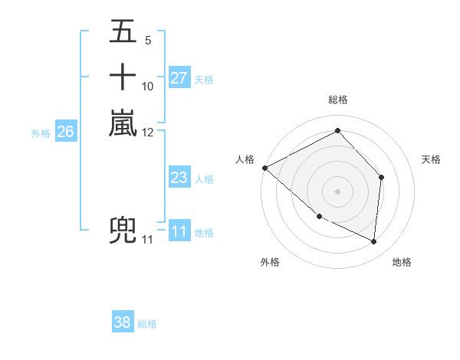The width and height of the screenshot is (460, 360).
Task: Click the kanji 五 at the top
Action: tap(123, 33)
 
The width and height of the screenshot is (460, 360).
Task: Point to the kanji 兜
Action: tap(123, 231)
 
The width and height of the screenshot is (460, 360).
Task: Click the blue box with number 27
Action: tap(179, 77)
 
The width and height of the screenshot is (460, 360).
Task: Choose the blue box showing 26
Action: tap(65, 132)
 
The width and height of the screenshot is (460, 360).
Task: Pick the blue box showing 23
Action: tap(179, 178)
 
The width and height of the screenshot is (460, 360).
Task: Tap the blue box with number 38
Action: tap(123, 322)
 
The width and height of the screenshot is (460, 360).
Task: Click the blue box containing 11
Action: tap(179, 231)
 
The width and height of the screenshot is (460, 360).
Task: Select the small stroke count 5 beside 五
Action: tap(147, 40)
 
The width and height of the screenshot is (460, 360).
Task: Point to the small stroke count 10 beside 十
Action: tap(148, 86)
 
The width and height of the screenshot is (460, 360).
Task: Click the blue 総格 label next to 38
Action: tap(147, 324)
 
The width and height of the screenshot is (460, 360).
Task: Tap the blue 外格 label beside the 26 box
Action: tap(41, 133)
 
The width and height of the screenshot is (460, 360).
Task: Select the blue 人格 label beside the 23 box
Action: tap(204, 179)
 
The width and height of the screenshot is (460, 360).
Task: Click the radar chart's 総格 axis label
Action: tap(337, 100)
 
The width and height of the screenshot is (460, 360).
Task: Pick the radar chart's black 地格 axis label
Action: tap(402, 262)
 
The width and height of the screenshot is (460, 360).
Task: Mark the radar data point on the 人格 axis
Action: tap(264, 168)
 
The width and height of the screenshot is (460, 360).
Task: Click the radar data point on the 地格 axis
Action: tap(374, 242)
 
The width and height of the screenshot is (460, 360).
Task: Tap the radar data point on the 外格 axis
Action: tap(320, 216)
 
